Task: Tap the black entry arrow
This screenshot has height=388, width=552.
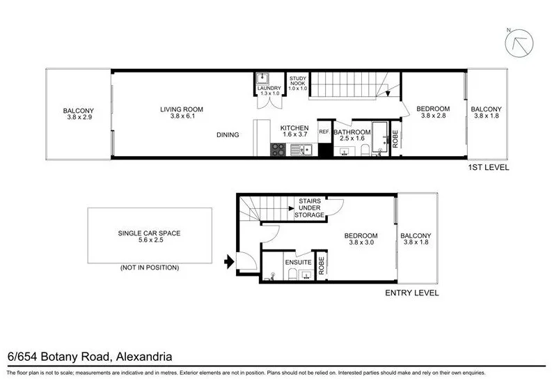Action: point(228,263)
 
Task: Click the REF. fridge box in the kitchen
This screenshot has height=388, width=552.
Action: point(324,132)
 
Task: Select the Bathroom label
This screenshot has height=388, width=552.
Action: point(351,132)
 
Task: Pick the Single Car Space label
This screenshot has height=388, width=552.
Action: point(150,234)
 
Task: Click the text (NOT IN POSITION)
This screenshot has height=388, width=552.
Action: point(150,267)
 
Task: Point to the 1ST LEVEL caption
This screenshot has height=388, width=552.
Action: point(489,168)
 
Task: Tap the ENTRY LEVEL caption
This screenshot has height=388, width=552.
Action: point(412,293)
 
